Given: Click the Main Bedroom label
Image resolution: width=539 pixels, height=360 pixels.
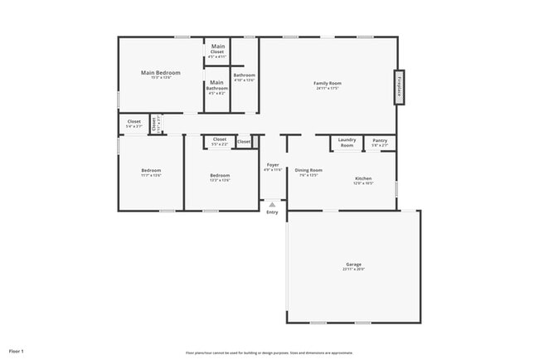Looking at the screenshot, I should pos(161,72).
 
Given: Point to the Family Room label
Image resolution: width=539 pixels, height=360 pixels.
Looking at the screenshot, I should pos(328,83).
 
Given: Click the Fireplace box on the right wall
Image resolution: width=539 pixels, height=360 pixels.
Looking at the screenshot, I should pos(399,87).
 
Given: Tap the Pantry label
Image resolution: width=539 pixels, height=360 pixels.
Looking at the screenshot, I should pos(380,141).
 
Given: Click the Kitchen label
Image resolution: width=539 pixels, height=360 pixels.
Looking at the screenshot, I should pos(363,178).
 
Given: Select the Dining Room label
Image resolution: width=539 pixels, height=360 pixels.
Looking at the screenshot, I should pos(308,169).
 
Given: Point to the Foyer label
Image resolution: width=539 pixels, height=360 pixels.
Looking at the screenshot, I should pos(273,164).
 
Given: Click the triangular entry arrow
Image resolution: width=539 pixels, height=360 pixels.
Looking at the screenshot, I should pos(272,204).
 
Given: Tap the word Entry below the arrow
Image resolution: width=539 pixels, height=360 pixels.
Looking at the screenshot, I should pos(272,212).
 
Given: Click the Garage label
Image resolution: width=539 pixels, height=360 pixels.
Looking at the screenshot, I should pos(353,264).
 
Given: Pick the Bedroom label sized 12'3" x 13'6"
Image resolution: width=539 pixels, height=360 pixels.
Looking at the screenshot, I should pos(220,175).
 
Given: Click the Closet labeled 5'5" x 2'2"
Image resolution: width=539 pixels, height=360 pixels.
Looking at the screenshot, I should pos(220,139).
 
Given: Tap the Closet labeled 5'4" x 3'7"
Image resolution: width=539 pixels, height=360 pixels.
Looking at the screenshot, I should pos(134,122).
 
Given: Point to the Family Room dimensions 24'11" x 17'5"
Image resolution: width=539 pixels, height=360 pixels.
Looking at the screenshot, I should pos(328,89).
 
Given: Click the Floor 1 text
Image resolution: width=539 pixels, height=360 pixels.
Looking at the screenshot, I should pos(17,352).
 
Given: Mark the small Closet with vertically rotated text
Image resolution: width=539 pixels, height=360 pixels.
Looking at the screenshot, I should pos(153,124).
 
